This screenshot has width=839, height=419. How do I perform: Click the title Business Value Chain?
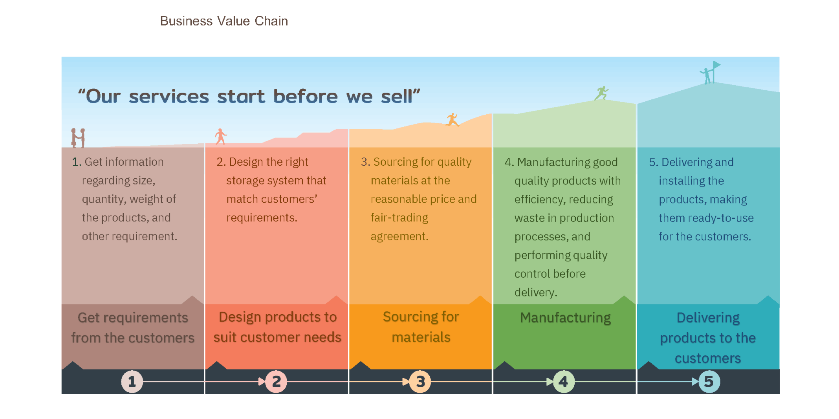[x=224, y=21]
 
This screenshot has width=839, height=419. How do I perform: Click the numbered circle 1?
[x=132, y=381]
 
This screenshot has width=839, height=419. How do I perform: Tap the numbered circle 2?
[x=276, y=381]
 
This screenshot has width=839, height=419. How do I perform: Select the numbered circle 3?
[x=420, y=381]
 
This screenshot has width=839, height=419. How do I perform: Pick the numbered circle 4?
[x=564, y=381]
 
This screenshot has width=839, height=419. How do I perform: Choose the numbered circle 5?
[x=709, y=381]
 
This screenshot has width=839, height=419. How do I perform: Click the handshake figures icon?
[x=78, y=138]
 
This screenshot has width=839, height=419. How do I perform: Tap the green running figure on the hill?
[x=601, y=93]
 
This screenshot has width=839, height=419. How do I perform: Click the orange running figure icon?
[x=452, y=120]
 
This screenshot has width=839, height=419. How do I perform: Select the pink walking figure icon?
[x=221, y=137]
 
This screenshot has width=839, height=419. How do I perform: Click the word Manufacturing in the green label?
[x=565, y=318]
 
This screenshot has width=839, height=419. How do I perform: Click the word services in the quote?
[x=169, y=97]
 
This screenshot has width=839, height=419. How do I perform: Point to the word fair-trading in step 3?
[x=399, y=218]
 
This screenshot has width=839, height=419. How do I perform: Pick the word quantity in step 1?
[x=103, y=199]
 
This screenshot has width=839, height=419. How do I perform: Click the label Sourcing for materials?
[x=421, y=327]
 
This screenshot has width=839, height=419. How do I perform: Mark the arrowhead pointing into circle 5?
[x=695, y=381]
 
